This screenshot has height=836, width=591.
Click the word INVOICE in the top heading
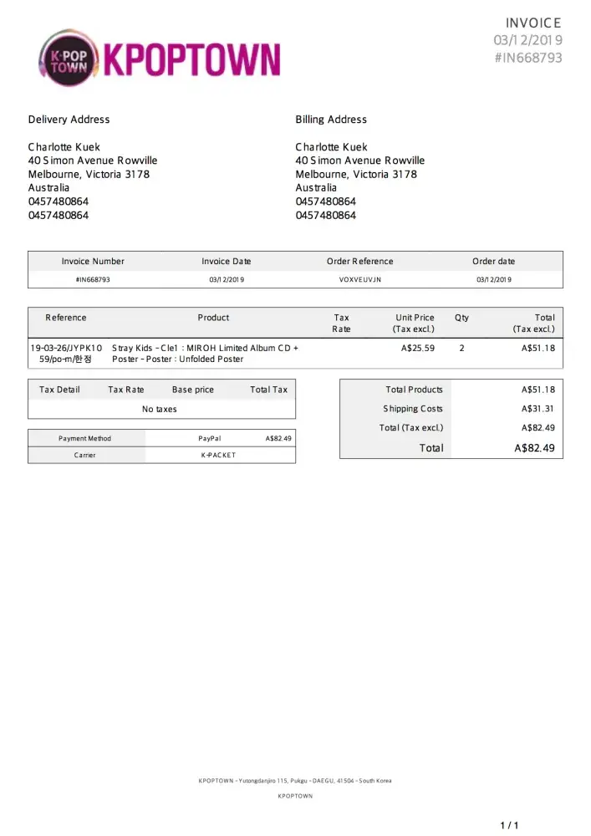pos(533,23)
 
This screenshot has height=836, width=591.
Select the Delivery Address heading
pos(69,120)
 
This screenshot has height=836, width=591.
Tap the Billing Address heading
pos(331,120)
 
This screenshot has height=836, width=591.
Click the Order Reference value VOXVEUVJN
pos(360,279)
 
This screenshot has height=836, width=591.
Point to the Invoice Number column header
pos(93,262)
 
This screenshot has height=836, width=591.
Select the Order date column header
pos(494,262)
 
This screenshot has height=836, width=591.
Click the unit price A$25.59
pos(418,348)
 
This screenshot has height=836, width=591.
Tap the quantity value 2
pos(461,348)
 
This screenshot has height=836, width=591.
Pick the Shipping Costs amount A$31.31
pos(538,409)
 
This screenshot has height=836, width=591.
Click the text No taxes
pos(160,410)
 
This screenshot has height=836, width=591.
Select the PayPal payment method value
pos(210,438)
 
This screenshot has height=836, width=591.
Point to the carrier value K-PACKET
pos(218,455)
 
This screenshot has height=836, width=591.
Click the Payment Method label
pos(84,438)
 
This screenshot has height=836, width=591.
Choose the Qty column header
pos(461,318)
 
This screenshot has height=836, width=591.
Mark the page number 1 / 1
pos(509,826)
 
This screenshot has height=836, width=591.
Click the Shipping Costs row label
pos(413,409)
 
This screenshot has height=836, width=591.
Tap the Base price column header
pos(193,390)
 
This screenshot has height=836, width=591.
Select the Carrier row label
pos(84,455)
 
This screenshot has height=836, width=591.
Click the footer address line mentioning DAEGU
pos(295,781)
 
